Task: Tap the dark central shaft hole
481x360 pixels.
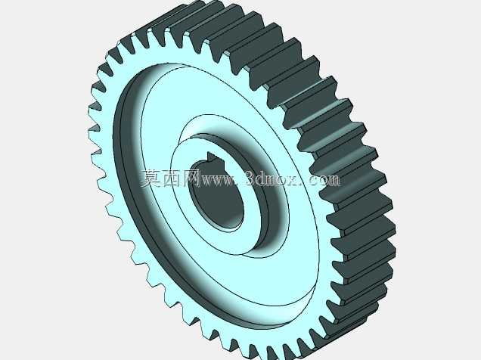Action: (216, 196)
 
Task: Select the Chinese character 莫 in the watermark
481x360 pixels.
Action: (151, 178)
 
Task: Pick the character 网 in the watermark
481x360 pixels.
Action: (191, 178)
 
